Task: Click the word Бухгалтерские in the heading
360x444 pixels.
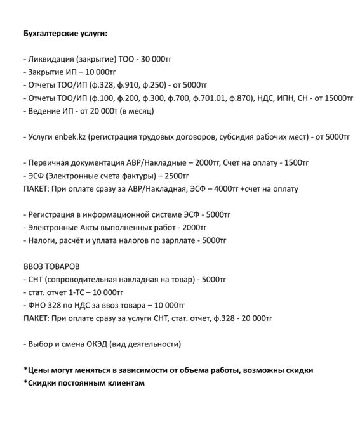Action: (x=50, y=32)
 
